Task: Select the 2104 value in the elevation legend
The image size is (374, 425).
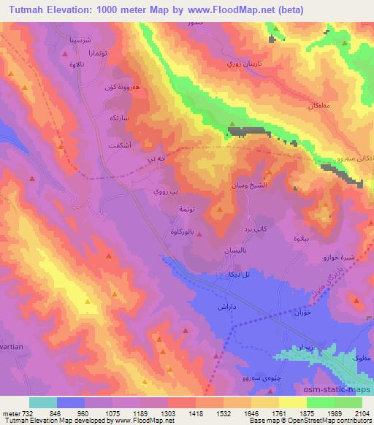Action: tap(362, 413)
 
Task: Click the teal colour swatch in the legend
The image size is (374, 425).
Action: tap(43, 402)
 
